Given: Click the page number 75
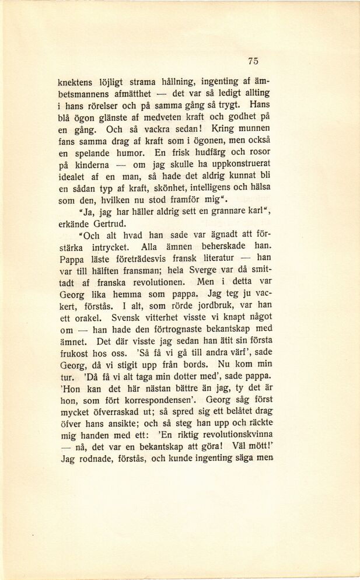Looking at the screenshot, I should [x=253, y=61].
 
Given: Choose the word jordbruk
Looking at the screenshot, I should [x=215, y=306].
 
